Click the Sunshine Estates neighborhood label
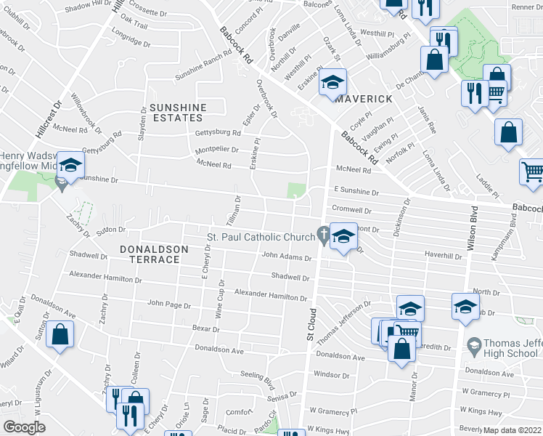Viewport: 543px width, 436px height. pos(178,113)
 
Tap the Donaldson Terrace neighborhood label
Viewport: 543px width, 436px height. pos(155,254)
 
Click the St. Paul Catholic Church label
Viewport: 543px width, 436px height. pos(261,237)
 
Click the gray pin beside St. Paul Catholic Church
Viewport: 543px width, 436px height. pos(322,234)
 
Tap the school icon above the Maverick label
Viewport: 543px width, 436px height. pos(332,83)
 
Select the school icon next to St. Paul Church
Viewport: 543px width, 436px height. pos(344,236)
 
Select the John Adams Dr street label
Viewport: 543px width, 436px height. pos(286,256)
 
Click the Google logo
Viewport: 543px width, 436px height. pos(23,427)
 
